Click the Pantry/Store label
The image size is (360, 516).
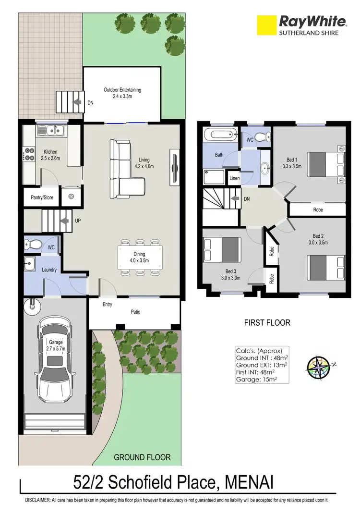point(42,197)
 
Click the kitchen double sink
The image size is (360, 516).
point(51,130)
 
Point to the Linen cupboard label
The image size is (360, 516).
point(234,178)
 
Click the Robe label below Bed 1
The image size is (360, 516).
point(318,210)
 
